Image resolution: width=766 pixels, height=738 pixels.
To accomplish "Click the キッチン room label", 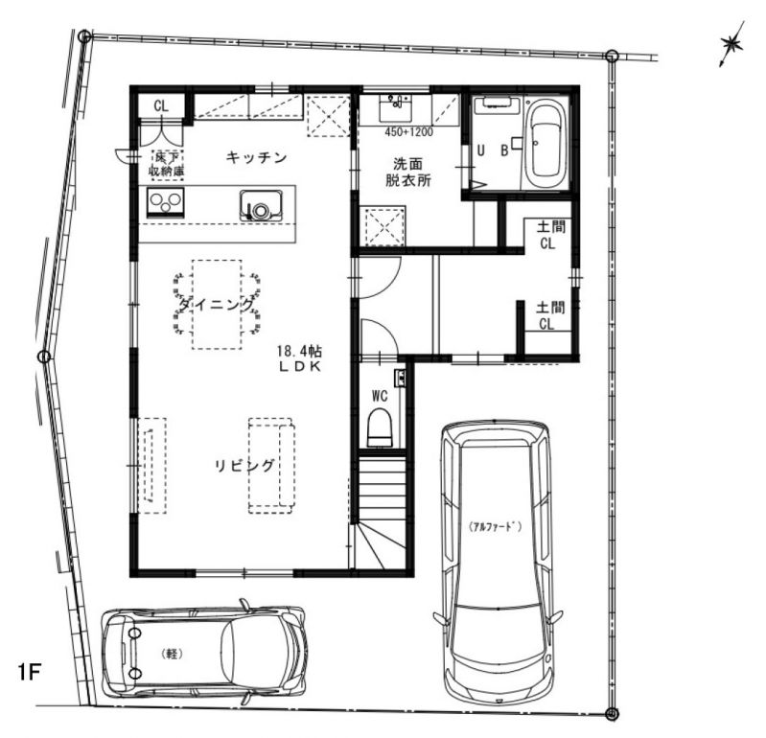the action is [257, 157].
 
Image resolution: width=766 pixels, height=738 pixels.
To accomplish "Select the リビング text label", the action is [244, 466].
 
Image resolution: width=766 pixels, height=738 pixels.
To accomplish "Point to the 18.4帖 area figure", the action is [299, 351].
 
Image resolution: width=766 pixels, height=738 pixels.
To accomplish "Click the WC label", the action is [380, 396].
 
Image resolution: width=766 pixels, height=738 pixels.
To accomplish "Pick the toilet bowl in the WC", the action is [380, 428].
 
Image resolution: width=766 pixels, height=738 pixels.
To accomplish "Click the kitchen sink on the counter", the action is [262, 205].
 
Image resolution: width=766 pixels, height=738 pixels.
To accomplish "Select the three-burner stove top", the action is [166, 202].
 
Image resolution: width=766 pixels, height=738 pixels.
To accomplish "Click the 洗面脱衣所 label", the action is [408, 172].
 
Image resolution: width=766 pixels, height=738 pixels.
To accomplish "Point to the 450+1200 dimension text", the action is [408, 132].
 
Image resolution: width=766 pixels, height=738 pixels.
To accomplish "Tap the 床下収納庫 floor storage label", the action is [166, 164].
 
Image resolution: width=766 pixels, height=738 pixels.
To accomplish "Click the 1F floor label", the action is [30, 672].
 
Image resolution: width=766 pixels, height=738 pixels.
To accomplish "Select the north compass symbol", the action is [731, 44].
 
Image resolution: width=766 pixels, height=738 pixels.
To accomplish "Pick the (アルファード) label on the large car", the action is [495, 526].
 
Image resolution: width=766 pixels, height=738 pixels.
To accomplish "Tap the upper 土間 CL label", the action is [550, 235].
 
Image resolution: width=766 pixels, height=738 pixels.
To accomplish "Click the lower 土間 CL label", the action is [550, 315].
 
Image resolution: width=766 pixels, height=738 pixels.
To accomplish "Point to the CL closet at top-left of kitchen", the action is [161, 105].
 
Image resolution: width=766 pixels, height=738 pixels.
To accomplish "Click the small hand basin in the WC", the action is [400, 378].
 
